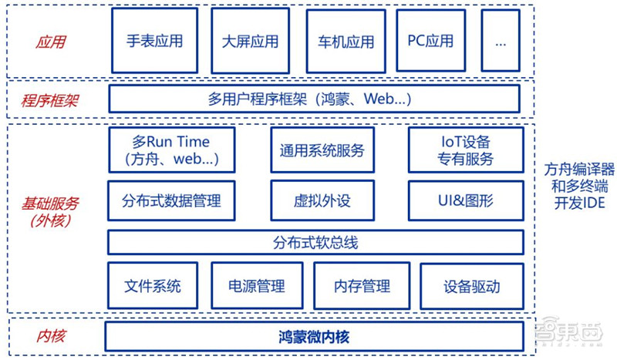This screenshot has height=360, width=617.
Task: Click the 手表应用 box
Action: point(155,41)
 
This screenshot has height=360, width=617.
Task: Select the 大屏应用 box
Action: point(250,41)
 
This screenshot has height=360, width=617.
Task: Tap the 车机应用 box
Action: point(346,41)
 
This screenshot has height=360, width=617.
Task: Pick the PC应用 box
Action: point(430,41)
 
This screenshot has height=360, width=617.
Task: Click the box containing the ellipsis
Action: point(501,41)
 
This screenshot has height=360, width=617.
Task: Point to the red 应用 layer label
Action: point(51,42)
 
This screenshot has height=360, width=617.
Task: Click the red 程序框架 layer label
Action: point(51,100)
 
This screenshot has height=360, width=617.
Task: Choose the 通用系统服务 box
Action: point(322,150)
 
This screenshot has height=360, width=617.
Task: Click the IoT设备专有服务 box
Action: point(467,150)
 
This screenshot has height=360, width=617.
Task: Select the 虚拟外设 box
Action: point(322,201)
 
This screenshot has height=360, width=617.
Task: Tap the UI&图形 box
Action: point(467,201)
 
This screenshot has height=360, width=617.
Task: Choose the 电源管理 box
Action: point(257,287)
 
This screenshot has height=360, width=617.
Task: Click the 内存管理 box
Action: point(362,287)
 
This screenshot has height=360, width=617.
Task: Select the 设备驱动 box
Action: point(471,287)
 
